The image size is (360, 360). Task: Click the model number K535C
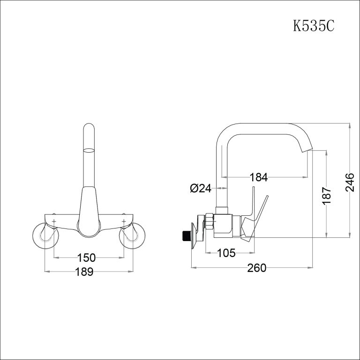tap(313, 25)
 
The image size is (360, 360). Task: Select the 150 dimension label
tap(87, 257)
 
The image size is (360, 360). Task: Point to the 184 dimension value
tap(259, 177)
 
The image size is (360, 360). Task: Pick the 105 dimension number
tap(226, 254)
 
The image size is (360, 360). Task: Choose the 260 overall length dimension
tap(256, 268)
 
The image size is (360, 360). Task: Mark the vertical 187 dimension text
tap(327, 195)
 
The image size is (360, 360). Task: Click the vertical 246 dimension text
tap(350, 182)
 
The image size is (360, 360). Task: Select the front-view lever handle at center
tap(89, 211)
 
